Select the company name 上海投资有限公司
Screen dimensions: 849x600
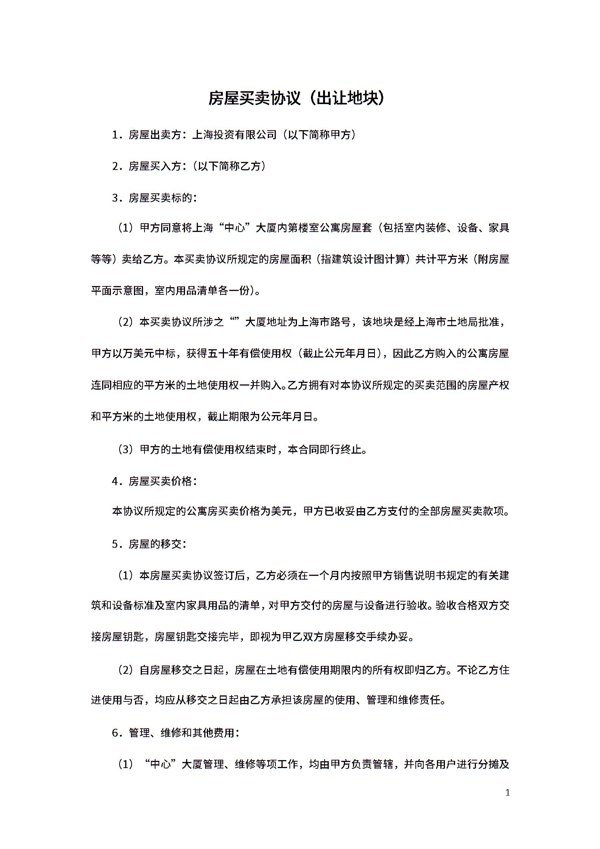(x=235, y=135)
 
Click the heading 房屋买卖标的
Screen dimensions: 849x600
(x=160, y=198)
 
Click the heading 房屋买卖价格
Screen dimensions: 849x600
(x=160, y=481)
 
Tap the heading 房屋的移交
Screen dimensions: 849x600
(x=155, y=544)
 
